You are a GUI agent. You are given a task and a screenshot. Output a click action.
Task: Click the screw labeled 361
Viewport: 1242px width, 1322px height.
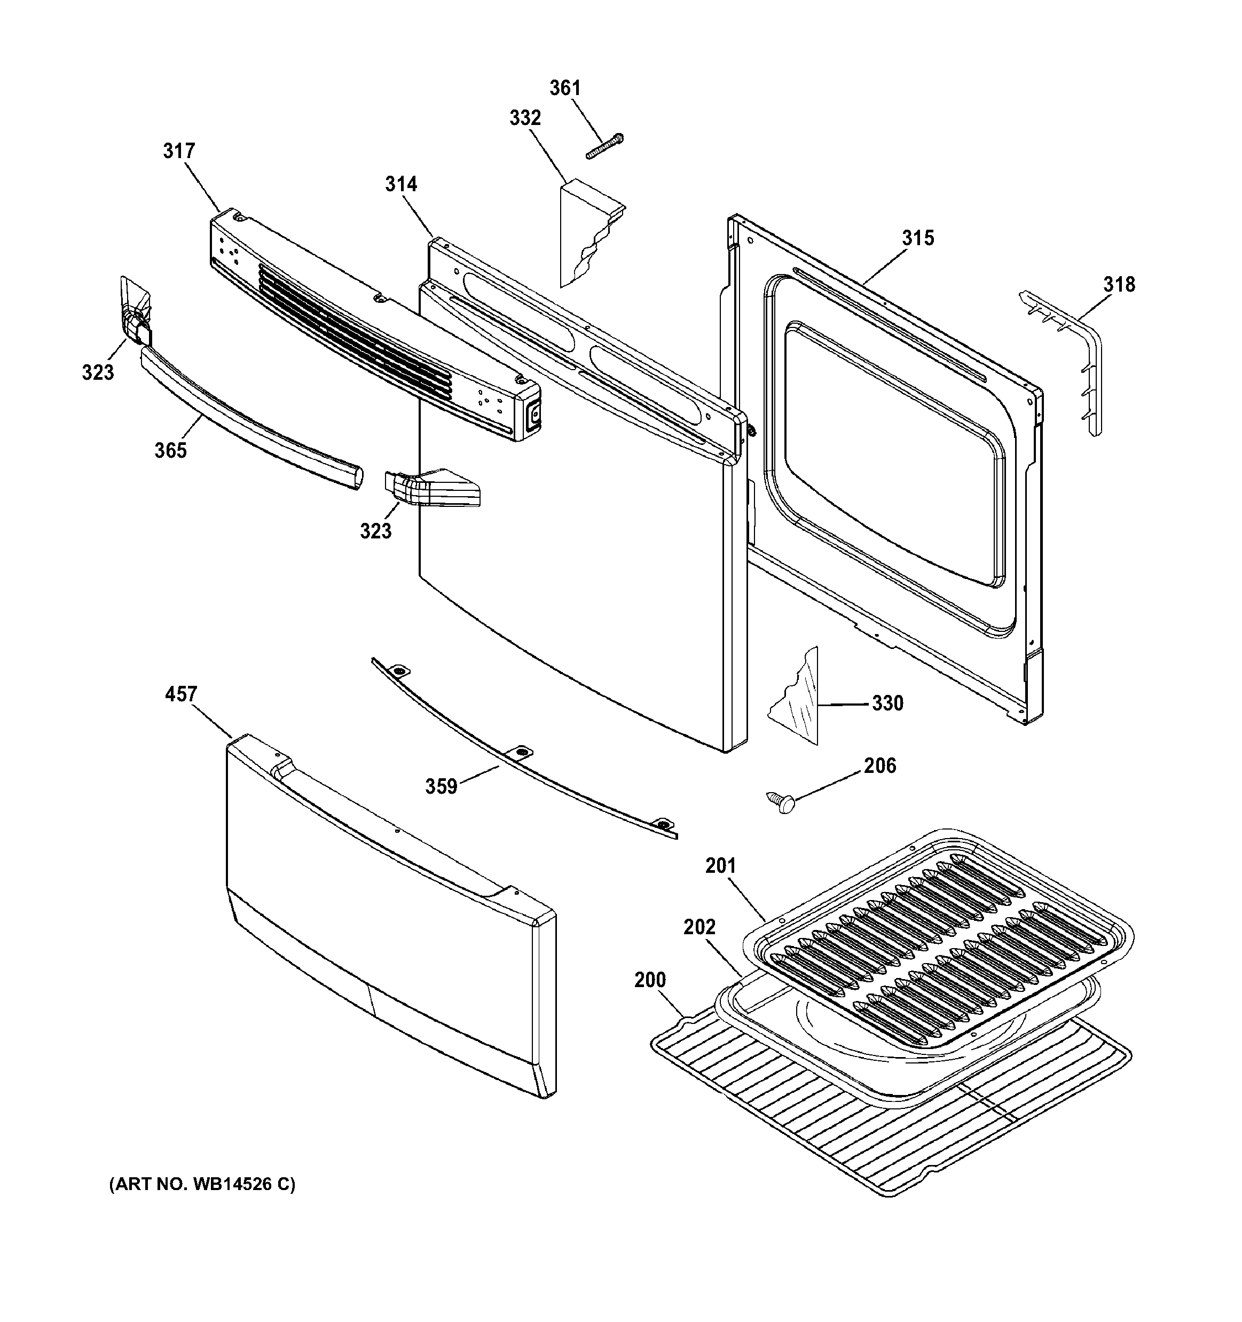pos(604,146)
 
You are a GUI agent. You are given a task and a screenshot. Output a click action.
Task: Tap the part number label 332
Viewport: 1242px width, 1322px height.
pos(525,119)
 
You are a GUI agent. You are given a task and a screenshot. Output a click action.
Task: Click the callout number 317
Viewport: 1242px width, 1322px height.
pos(179,152)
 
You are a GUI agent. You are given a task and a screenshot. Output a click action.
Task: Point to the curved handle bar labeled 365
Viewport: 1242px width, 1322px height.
pos(253,419)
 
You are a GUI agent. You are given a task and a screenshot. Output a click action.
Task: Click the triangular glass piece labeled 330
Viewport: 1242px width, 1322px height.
pos(801,698)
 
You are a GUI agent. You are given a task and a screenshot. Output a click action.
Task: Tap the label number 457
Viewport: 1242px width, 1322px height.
pos(181,694)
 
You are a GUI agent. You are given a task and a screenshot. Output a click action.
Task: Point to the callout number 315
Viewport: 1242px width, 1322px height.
pos(917,238)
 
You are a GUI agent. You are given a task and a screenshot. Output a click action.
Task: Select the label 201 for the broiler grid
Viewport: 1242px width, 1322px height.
pos(721,866)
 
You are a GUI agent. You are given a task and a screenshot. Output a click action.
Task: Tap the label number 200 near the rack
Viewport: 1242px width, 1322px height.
pos(650,980)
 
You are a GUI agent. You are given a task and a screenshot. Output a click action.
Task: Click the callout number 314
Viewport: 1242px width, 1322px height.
pos(401,184)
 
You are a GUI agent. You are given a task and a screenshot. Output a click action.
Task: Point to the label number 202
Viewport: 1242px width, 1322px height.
pos(699,927)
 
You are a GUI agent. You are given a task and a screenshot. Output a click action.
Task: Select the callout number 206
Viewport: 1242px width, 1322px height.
pos(879,766)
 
